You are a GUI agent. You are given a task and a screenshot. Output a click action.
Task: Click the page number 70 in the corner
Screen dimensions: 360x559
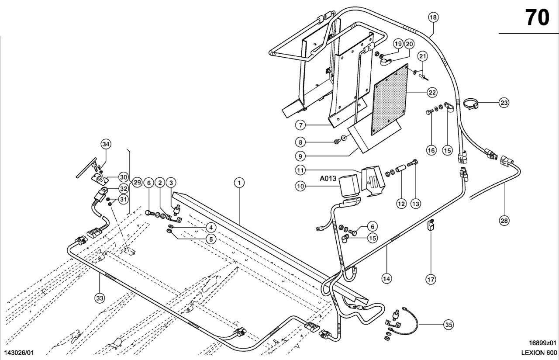coord(537,17)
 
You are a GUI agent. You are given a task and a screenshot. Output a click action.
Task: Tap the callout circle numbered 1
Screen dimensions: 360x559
coord(239,183)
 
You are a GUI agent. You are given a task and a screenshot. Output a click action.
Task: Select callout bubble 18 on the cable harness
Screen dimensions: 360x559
coord(433,17)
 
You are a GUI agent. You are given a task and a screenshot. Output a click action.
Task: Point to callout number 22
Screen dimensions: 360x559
coord(432,93)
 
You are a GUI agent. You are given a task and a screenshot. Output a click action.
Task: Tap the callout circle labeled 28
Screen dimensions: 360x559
coord(504,221)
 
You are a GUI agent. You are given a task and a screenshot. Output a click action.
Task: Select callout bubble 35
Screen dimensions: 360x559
coord(449,325)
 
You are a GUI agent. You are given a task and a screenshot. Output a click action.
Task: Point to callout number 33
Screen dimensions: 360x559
coord(100,298)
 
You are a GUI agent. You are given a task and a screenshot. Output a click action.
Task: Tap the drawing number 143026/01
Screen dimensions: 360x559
coord(19,353)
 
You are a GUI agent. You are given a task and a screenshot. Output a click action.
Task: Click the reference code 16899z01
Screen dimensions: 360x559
coord(542,344)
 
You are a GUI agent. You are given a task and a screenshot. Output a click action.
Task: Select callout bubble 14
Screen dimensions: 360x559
coord(386,277)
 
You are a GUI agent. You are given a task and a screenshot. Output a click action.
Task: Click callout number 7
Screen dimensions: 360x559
coord(300,125)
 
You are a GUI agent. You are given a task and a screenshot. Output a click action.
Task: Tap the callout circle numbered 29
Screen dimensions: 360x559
coord(137,183)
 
